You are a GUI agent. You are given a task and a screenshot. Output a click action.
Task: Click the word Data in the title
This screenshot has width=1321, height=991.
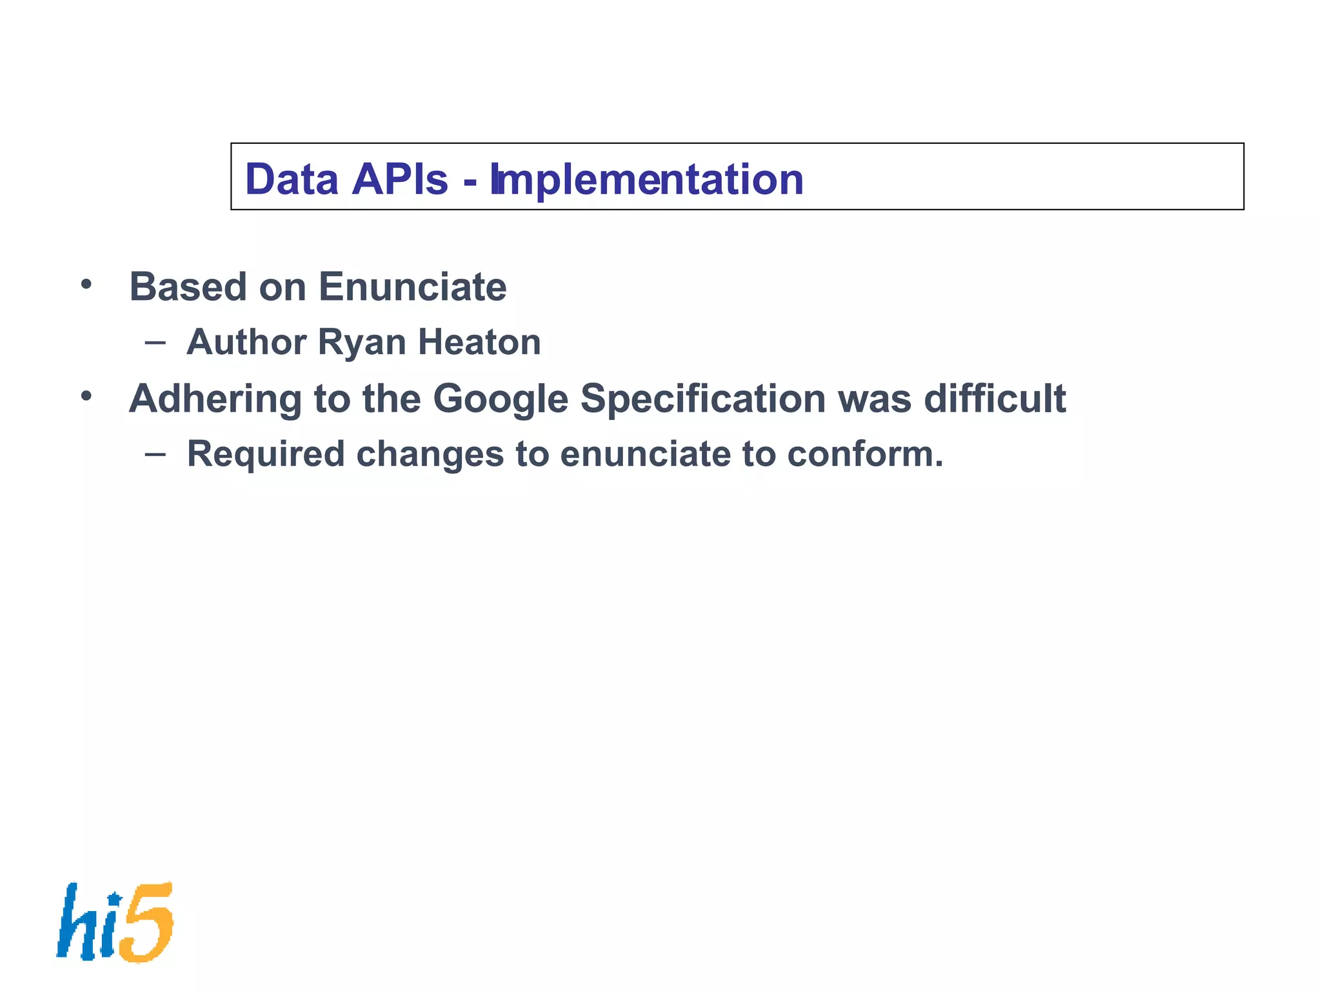coord(292,179)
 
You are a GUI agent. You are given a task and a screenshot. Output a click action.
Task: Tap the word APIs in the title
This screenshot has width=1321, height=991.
coord(400,179)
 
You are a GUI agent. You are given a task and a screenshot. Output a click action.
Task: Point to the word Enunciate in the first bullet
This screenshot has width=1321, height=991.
coord(412,286)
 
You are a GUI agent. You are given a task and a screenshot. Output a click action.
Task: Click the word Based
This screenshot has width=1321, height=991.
coord(188,286)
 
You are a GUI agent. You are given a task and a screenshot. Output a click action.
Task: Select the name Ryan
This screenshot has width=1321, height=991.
coord(362,343)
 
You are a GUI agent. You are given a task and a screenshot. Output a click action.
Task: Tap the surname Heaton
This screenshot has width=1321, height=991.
coord(479,342)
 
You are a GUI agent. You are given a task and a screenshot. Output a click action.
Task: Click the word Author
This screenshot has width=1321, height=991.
coord(246,342)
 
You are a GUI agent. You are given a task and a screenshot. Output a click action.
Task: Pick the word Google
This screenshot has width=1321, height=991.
coord(500,399)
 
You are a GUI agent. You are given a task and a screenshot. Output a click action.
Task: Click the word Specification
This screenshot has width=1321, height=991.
coord(703,399)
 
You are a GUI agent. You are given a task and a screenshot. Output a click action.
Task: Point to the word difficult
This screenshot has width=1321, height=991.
coord(995,398)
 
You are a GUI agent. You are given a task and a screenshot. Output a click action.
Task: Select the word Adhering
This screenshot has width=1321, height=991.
coord(215,399)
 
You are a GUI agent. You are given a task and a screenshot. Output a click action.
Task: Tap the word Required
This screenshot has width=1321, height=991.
coord(266,454)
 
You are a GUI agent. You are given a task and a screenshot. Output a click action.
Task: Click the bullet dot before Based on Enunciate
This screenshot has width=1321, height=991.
coord(86,284)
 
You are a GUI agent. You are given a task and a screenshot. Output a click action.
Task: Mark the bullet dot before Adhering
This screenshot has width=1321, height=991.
coord(86,395)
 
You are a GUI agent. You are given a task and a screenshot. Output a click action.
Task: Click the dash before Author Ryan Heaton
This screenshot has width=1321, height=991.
coord(155,342)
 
